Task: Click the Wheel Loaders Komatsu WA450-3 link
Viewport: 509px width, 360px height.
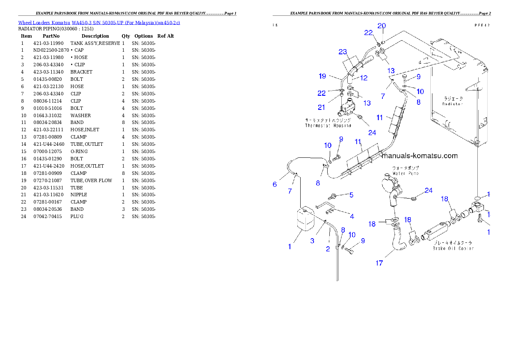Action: click(99, 23)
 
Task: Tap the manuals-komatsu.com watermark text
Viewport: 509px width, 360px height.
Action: click(421, 156)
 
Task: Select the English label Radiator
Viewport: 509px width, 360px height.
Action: click(453, 104)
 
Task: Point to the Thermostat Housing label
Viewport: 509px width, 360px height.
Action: click(328, 126)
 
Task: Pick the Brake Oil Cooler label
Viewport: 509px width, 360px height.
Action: click(453, 248)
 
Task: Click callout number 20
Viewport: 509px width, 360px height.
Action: click(382, 26)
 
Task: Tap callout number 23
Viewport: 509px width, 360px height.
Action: click(343, 52)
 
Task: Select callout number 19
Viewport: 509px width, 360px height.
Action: click(323, 77)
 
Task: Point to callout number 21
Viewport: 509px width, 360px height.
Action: click(321, 107)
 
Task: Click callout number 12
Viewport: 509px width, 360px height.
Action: click(364, 78)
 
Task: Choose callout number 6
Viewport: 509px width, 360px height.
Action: click(275, 184)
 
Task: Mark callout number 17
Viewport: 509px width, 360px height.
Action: click(379, 263)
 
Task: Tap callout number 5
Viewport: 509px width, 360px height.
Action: click(351, 195)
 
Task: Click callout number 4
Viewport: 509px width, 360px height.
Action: click(352, 216)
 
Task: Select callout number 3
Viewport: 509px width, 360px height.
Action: click(312, 241)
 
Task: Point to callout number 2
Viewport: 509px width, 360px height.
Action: click(328, 249)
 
